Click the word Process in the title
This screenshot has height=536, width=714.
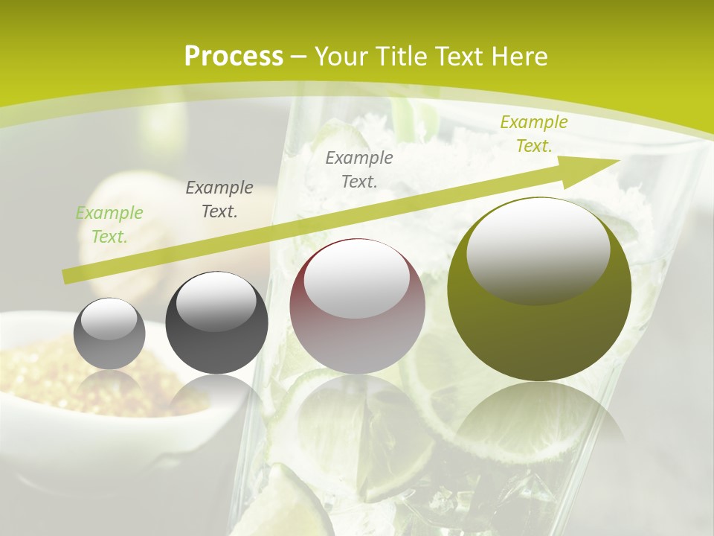(234, 57)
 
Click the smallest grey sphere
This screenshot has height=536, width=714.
(109, 334)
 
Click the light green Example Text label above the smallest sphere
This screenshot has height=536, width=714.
(109, 225)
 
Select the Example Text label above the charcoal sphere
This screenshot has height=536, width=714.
(219, 200)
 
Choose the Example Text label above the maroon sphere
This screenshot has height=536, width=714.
(359, 169)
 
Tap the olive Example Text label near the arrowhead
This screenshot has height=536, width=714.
(533, 134)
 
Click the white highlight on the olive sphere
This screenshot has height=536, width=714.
(538, 249)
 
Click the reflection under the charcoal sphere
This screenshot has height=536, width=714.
(216, 395)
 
